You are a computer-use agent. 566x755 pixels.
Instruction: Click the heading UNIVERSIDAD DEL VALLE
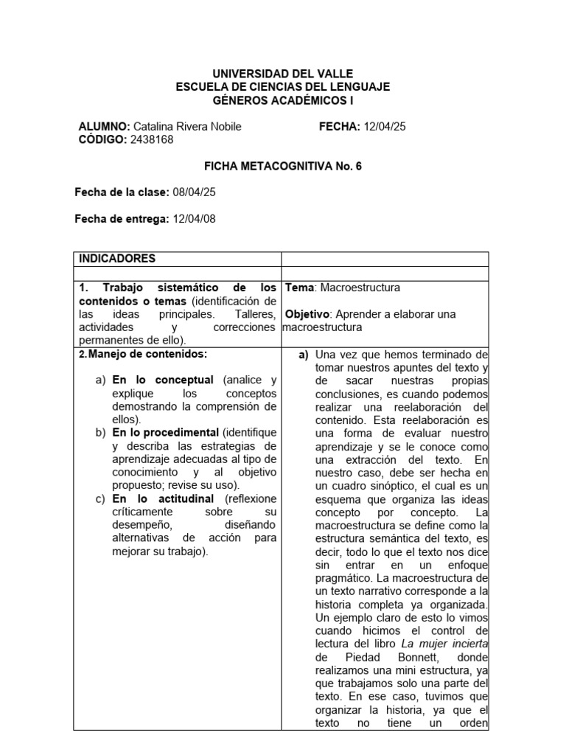(x=283, y=74)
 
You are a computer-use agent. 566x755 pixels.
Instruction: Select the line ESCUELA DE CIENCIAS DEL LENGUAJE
(x=283, y=86)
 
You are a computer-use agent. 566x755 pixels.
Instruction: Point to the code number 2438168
(x=153, y=139)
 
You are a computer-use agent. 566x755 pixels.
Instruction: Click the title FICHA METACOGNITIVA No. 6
(x=283, y=167)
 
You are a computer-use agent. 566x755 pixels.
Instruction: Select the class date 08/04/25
(x=194, y=192)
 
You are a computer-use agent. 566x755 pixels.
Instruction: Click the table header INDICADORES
(x=117, y=259)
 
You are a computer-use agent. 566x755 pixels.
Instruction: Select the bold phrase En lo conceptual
(x=163, y=380)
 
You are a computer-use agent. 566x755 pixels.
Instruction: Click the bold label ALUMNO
(x=104, y=127)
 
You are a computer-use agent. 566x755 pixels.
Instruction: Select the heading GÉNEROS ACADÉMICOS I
(x=283, y=100)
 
